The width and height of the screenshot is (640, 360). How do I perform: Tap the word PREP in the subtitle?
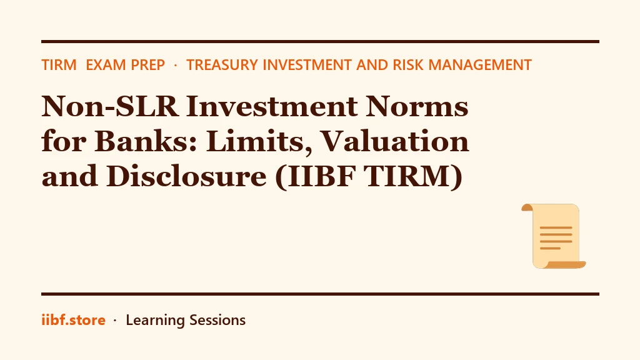point(145,65)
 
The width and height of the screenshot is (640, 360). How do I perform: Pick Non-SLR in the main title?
point(110,106)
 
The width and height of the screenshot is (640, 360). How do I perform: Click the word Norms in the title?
point(417,106)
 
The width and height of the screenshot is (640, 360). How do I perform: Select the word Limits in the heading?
point(259,142)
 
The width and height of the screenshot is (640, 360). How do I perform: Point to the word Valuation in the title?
point(395,141)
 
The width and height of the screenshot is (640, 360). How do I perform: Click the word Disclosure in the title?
point(186,176)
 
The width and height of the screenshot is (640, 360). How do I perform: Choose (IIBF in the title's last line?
point(316,177)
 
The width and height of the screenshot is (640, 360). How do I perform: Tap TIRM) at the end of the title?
point(414,177)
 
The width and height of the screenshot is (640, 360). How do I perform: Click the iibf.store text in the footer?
point(74,320)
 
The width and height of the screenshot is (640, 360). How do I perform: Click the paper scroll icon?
point(554,236)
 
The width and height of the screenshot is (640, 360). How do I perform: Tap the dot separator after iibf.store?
point(115,321)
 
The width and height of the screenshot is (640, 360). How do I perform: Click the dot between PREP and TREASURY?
point(176,65)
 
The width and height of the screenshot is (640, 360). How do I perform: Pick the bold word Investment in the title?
point(272,106)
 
